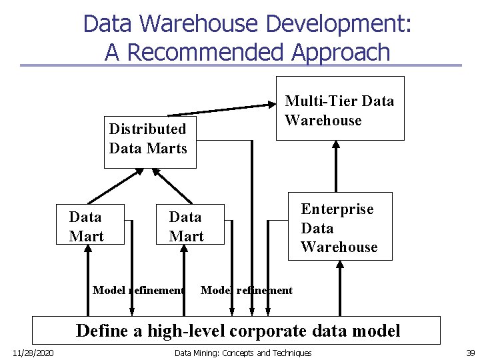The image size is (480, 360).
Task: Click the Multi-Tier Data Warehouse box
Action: [x=340, y=111]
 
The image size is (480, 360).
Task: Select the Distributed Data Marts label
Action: [x=148, y=138]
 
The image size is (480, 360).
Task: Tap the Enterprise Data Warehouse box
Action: [x=339, y=227]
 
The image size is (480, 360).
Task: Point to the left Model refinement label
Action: [x=138, y=290]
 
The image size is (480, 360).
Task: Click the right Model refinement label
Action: [x=247, y=290]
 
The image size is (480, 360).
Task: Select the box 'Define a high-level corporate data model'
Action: [x=237, y=330]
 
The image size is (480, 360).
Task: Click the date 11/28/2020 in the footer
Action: [x=33, y=352]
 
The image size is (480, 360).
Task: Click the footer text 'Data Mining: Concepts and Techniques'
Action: [x=243, y=352]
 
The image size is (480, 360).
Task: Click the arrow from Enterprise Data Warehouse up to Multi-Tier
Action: [x=336, y=167]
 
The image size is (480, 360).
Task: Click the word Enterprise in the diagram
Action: [x=337, y=209]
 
